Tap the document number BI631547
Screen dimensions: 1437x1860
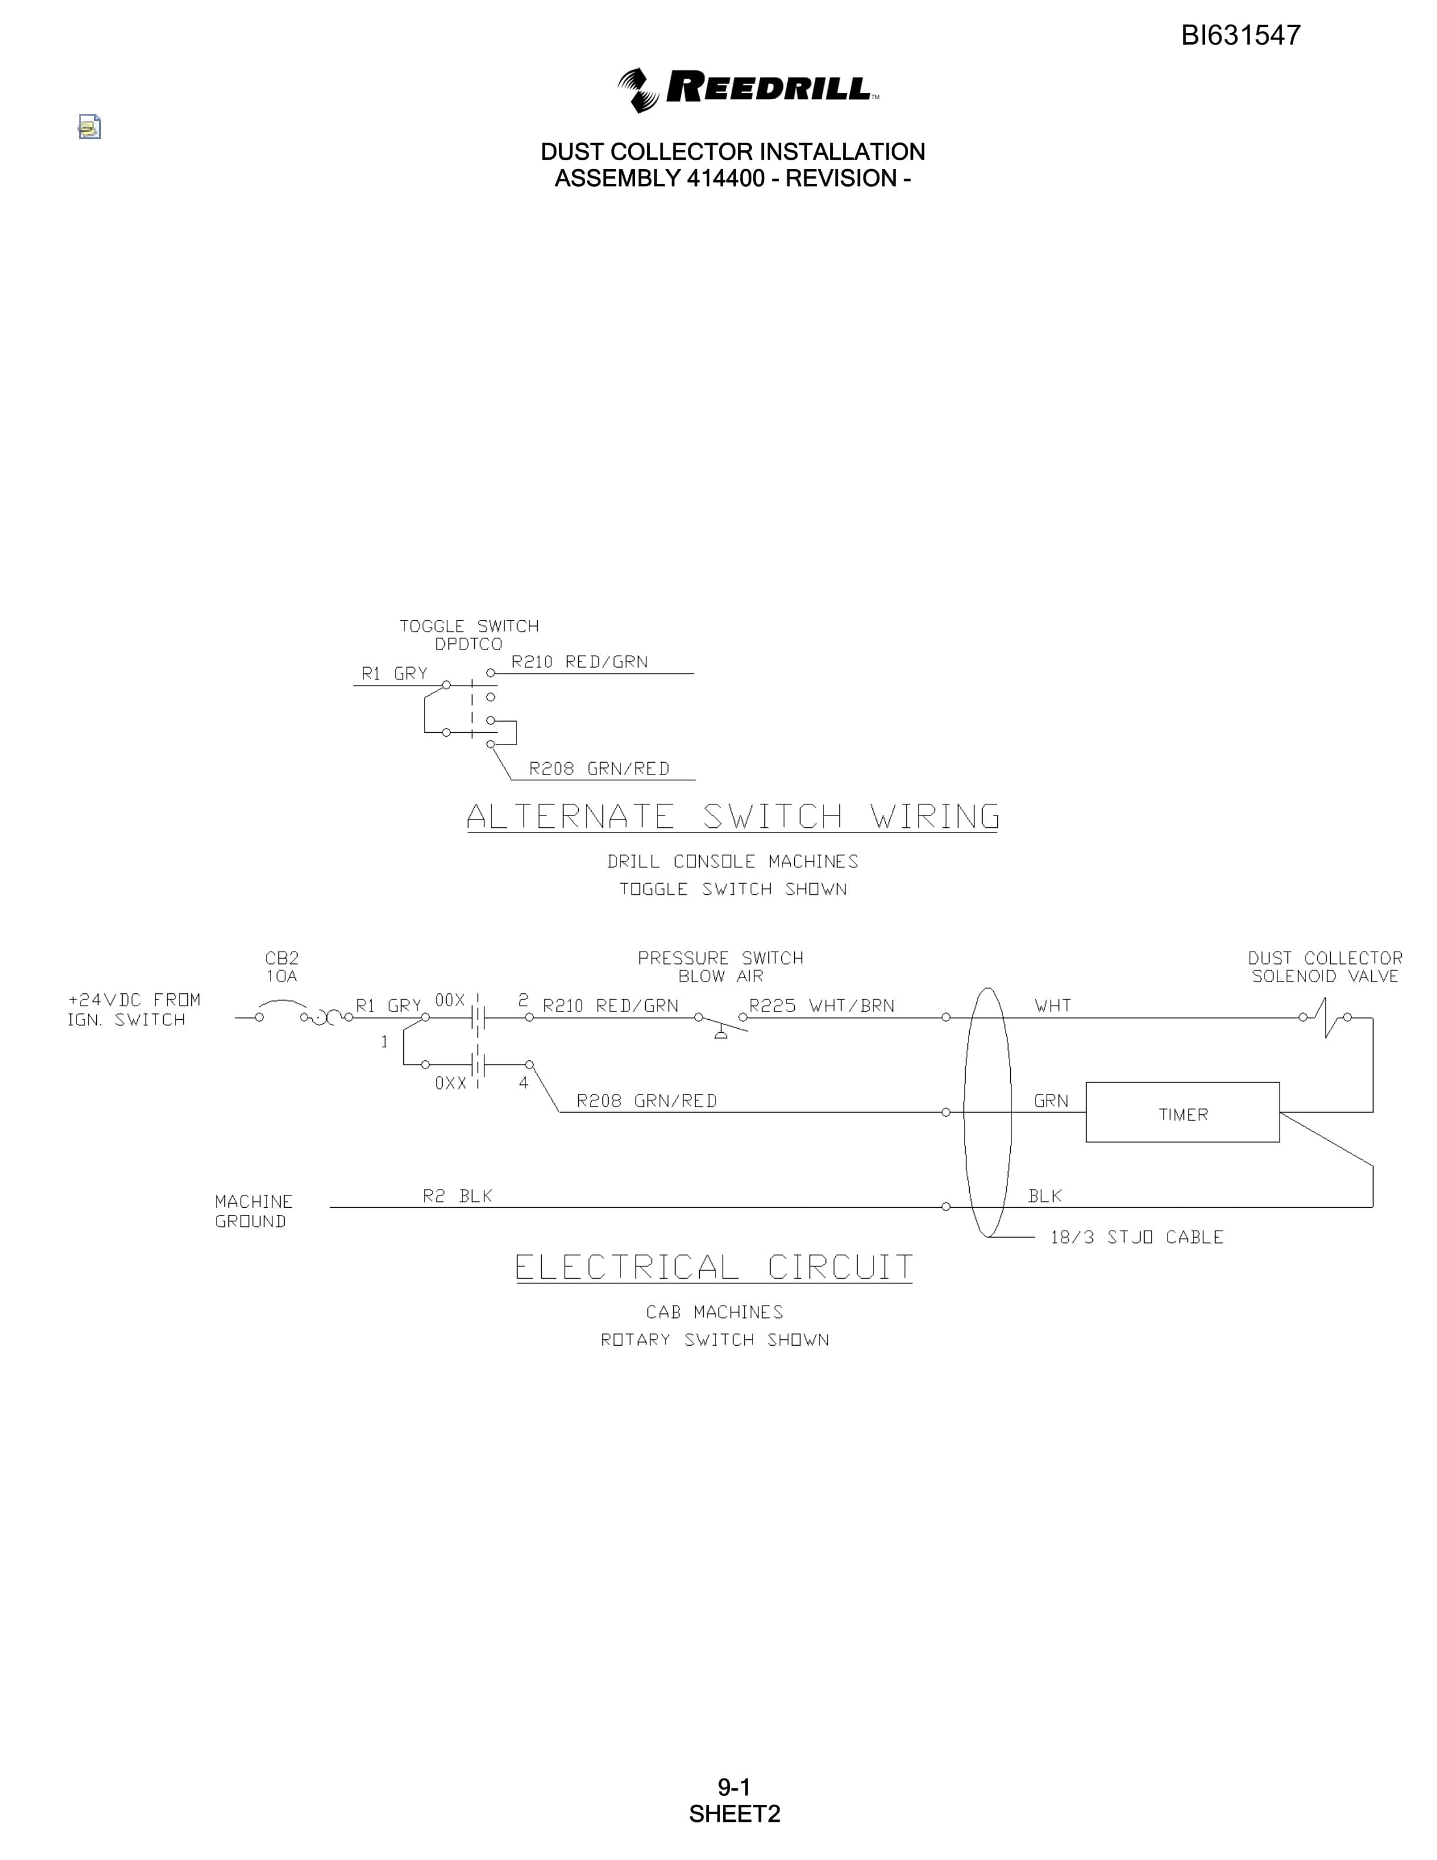[1240, 35]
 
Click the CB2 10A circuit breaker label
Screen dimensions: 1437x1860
[282, 966]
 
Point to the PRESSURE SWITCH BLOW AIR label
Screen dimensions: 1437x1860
[720, 966]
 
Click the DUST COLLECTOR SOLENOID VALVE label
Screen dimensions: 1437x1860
[1325, 966]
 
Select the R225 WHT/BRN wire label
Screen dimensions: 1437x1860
[821, 1006]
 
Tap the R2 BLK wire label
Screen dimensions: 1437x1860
[457, 1196]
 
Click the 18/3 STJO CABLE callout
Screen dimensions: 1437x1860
[1136, 1236]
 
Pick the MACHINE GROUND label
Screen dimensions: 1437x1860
[254, 1211]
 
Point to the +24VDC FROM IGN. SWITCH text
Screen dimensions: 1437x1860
[134, 1009]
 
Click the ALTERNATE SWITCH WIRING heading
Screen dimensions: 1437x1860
[732, 817]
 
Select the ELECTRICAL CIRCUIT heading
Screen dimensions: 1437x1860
[713, 1267]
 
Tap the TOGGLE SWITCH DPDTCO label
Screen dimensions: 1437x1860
[469, 635]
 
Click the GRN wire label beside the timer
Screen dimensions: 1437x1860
[1051, 1101]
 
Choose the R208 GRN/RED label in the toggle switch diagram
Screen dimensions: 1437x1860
[599, 769]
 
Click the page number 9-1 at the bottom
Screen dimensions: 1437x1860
[734, 1787]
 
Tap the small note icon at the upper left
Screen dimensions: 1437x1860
[89, 127]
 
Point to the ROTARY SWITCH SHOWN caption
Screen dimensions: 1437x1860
[715, 1340]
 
